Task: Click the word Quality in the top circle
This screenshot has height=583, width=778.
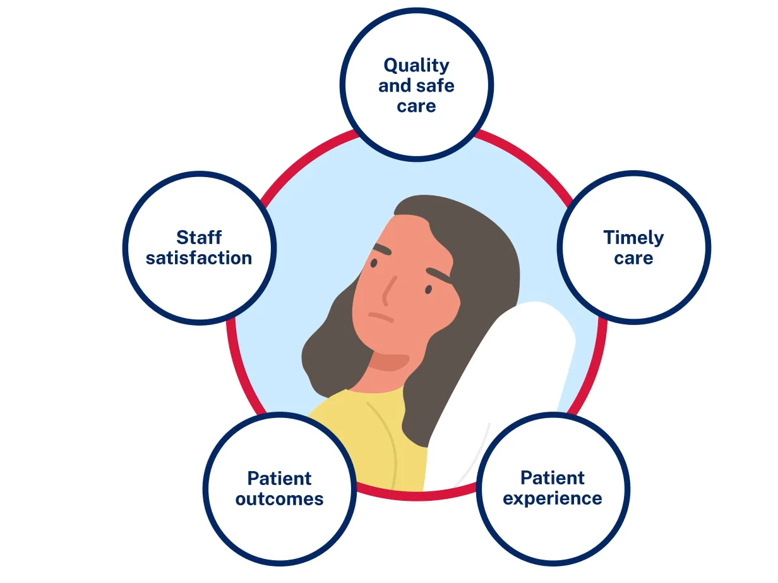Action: pyautogui.click(x=416, y=65)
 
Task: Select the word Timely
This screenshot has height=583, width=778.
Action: pyautogui.click(x=633, y=238)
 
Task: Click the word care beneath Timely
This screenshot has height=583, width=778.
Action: pyautogui.click(x=633, y=258)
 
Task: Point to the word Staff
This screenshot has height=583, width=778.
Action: pyautogui.click(x=199, y=237)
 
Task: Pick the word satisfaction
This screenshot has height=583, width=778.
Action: pyautogui.click(x=199, y=258)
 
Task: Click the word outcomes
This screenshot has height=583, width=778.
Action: pyautogui.click(x=279, y=498)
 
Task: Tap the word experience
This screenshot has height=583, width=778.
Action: pyautogui.click(x=553, y=498)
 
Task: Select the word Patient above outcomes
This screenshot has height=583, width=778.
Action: pyautogui.click(x=279, y=478)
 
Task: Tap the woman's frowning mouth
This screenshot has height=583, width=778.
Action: pyautogui.click(x=381, y=317)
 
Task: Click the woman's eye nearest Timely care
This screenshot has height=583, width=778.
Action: pyautogui.click(x=428, y=290)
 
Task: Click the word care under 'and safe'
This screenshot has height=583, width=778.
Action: pyautogui.click(x=416, y=106)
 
